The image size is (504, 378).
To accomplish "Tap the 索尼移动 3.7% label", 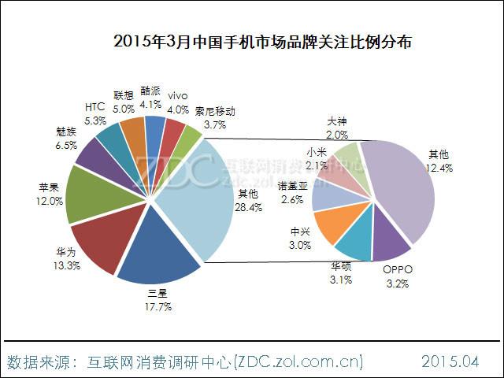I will click(214, 118).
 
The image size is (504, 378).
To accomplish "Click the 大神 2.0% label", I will click(336, 127).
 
